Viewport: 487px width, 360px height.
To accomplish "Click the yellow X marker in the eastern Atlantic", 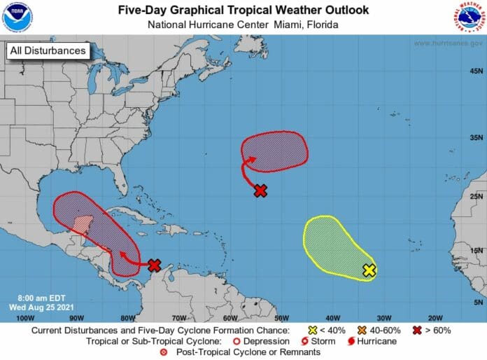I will [x=369, y=270].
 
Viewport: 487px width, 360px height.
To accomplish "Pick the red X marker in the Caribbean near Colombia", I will [x=155, y=265].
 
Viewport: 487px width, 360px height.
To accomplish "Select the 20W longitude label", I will [x=433, y=317].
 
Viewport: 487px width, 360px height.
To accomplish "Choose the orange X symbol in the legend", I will [x=362, y=330].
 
